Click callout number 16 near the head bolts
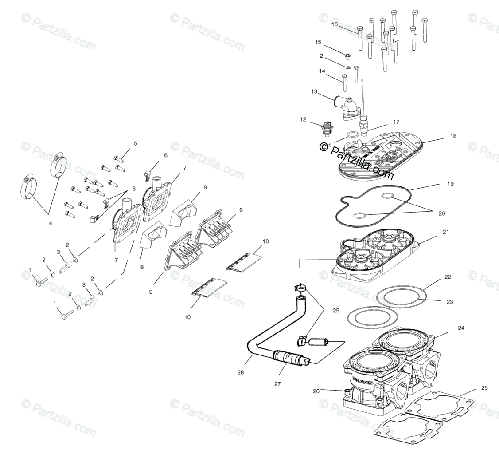coord(335,24)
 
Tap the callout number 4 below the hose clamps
coord(51,223)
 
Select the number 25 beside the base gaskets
coord(484,388)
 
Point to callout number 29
coord(336,310)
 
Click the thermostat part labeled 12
coord(327,129)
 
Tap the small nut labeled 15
coord(348,56)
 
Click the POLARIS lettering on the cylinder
coord(362,380)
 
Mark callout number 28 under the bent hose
coord(240,372)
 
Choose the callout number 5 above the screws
coord(136,144)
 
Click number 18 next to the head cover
coord(453,136)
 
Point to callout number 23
coord(450,302)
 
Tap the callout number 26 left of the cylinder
coord(316,391)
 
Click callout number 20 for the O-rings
coord(441,213)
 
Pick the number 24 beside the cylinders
coord(461,328)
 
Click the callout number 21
coord(446,232)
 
